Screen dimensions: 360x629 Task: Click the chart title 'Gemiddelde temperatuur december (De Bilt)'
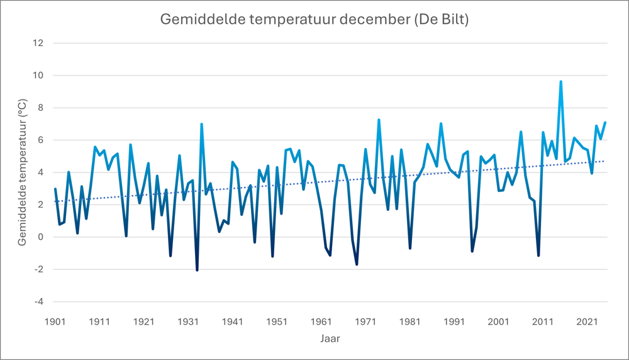[314, 20]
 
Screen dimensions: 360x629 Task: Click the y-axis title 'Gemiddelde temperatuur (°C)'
[23, 172]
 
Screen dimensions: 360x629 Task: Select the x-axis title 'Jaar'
[330, 339]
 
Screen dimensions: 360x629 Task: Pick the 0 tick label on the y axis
[41, 237]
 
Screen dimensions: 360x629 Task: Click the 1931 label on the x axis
[188, 321]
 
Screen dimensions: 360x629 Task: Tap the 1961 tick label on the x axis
[321, 321]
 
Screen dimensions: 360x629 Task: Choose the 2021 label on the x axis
[587, 321]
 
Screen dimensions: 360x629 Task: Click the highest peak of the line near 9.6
[560, 82]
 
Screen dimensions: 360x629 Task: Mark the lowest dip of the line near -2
[197, 270]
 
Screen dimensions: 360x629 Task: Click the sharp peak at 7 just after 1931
[201, 124]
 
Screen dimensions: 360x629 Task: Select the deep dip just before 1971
[357, 264]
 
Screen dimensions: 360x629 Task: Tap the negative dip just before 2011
[538, 256]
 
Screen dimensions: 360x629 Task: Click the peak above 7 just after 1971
[379, 120]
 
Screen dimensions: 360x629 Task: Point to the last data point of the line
[605, 123]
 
